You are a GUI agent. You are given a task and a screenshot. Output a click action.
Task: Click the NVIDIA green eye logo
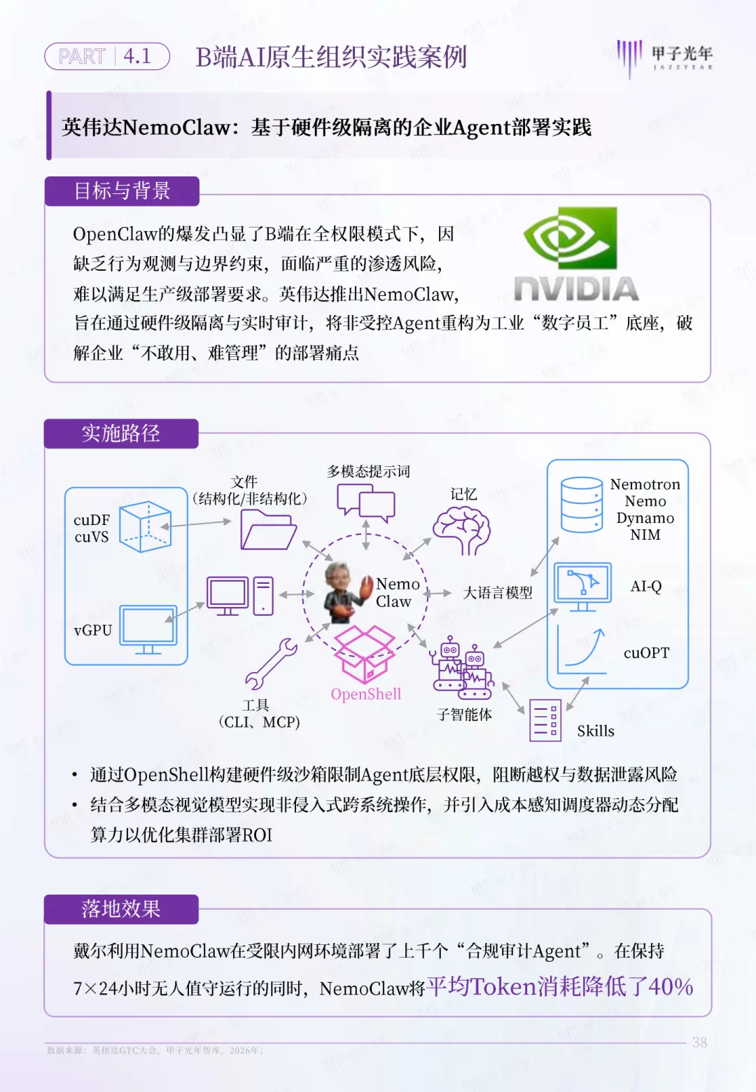(570, 238)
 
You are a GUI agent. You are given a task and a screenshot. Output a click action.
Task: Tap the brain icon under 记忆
(461, 531)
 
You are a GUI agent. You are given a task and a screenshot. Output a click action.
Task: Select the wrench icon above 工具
(271, 663)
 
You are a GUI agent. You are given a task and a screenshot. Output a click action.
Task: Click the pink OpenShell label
(366, 694)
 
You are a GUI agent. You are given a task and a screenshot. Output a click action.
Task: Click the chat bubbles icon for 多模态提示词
(366, 503)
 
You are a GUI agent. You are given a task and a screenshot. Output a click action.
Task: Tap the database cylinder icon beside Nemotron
(582, 505)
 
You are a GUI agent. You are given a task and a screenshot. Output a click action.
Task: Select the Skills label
(596, 731)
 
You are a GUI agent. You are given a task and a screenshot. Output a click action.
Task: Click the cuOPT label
(646, 652)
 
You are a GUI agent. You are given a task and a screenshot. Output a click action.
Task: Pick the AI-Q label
(645, 587)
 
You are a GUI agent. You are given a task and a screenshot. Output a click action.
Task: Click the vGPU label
(92, 630)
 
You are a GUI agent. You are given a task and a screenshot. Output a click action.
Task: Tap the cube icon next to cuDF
(145, 526)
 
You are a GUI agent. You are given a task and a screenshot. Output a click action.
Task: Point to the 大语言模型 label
(498, 593)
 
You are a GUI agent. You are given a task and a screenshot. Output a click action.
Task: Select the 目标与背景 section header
(122, 191)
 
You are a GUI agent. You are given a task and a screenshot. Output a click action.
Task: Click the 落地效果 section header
(121, 909)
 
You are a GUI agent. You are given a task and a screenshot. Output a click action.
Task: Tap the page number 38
(699, 1042)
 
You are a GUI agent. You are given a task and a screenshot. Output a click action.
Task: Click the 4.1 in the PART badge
(137, 56)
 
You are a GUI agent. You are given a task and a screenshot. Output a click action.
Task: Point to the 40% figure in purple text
(671, 986)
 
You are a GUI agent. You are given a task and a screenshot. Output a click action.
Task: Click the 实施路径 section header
(121, 433)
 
